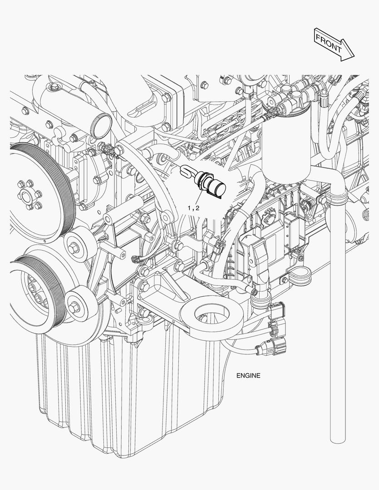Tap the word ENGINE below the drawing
click(x=248, y=375)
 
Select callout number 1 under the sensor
click(x=189, y=208)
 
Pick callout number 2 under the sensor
click(x=197, y=208)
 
